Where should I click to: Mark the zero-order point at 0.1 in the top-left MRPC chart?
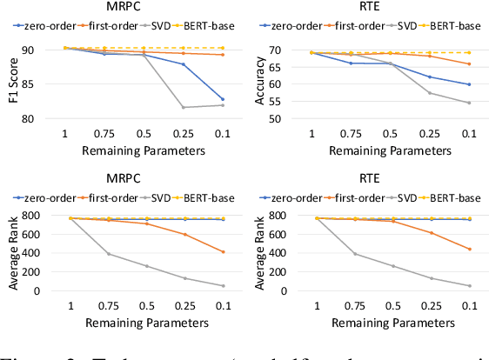[x=222, y=99]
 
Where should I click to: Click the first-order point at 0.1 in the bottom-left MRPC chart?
[x=222, y=252]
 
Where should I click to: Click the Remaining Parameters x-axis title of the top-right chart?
[x=380, y=150]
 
